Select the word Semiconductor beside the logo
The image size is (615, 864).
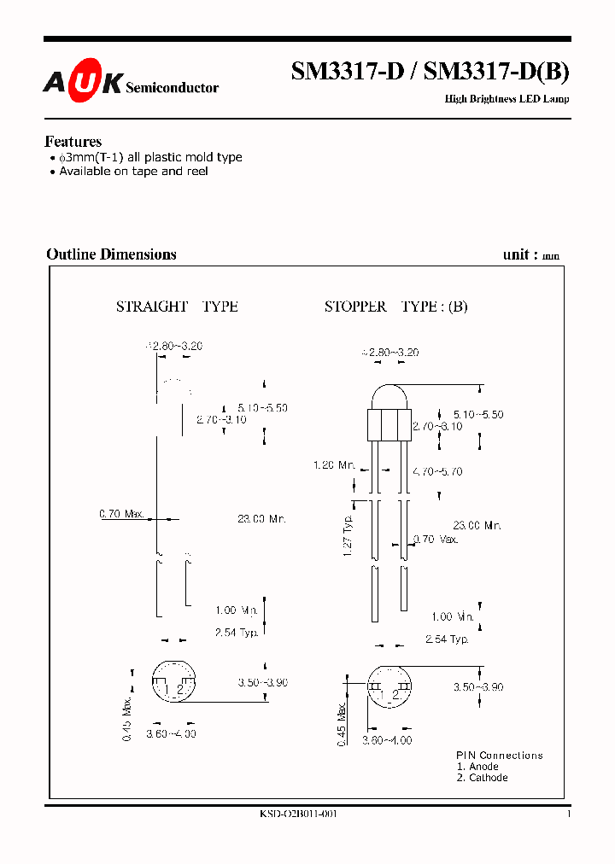(172, 87)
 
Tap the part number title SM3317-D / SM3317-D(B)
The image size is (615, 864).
(430, 73)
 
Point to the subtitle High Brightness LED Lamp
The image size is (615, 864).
(507, 99)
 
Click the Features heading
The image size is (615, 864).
(73, 142)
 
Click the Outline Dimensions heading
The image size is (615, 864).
(111, 254)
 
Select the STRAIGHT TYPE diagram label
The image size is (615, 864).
(177, 306)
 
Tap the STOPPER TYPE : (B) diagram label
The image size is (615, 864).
(395, 306)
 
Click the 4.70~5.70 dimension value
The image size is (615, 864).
(437, 471)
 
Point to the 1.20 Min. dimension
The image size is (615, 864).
(334, 465)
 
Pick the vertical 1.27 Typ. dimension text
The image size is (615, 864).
(348, 537)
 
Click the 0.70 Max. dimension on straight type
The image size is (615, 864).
(121, 514)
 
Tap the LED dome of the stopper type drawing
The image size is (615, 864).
(389, 397)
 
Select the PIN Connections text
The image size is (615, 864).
(499, 756)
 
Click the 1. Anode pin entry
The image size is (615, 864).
(477, 767)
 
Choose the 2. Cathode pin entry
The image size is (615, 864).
(482, 778)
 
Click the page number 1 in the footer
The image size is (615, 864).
(568, 814)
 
